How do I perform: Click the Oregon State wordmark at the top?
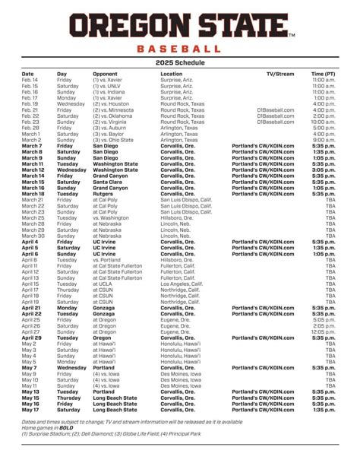179,27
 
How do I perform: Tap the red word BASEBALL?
180,49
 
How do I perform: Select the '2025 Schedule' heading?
179,62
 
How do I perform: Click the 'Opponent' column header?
106,74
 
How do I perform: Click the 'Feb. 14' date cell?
30,80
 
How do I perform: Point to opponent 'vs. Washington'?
112,217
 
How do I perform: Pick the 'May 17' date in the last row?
30,408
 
